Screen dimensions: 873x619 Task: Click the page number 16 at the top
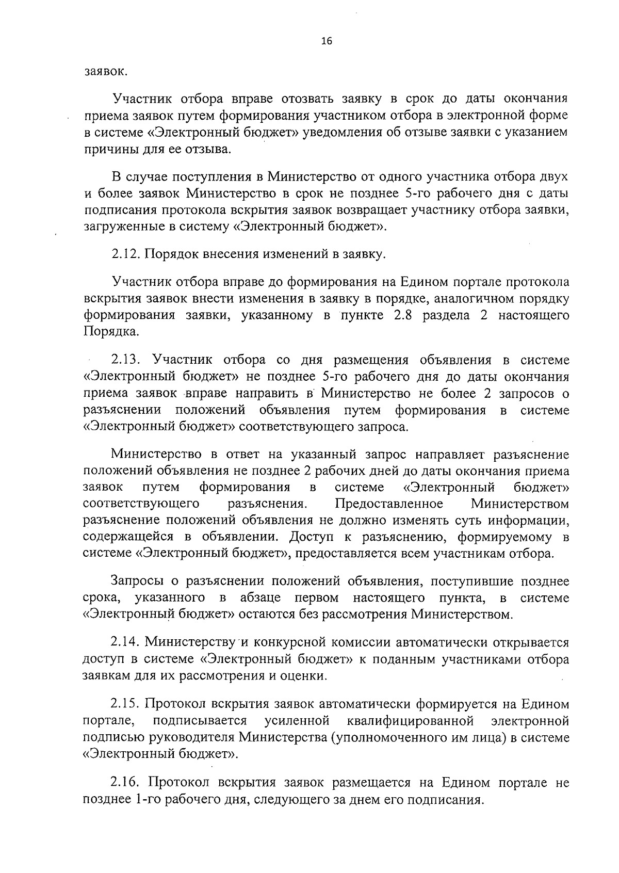click(326, 42)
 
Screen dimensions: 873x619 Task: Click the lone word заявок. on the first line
click(105, 71)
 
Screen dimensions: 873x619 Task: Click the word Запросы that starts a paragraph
click(137, 581)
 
